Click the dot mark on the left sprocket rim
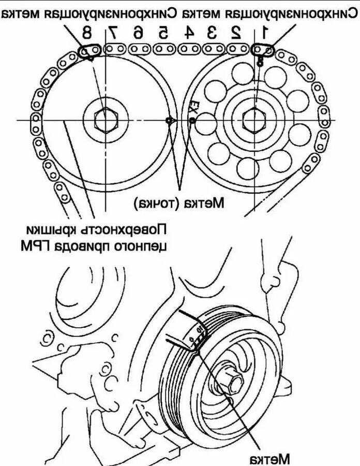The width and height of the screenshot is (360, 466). [x=169, y=121]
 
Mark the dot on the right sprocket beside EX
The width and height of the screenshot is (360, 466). [x=192, y=121]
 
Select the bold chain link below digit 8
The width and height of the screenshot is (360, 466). [x=89, y=51]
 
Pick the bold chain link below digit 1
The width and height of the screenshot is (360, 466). [x=262, y=50]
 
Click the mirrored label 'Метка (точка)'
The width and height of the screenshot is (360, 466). [x=179, y=202]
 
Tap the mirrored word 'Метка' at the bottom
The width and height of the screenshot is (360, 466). [x=268, y=458]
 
